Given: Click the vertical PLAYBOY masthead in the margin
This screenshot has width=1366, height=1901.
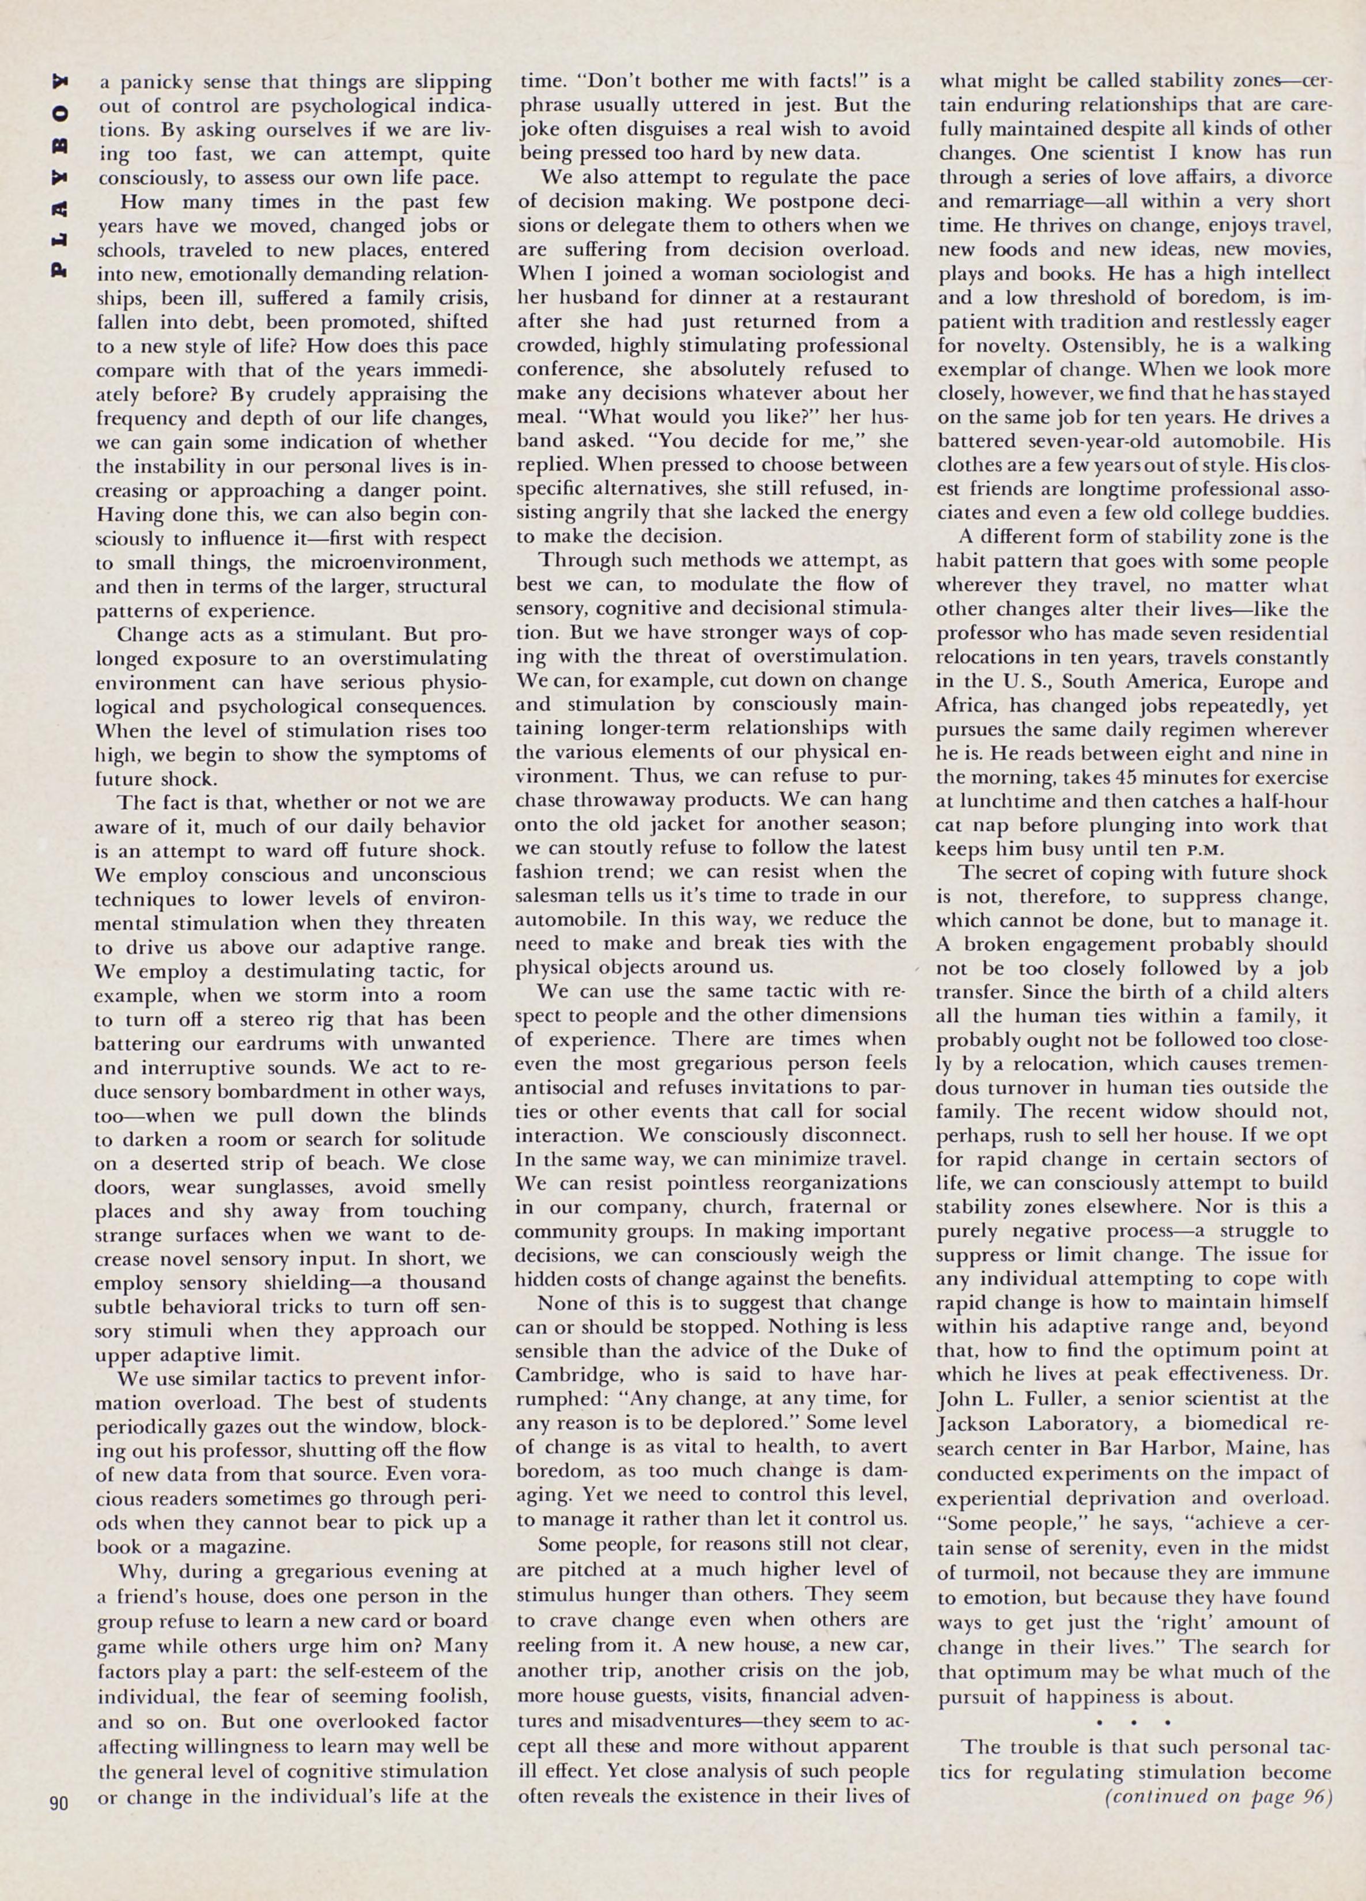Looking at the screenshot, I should click(59, 176).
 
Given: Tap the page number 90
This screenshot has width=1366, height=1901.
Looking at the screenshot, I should click(59, 1800).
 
